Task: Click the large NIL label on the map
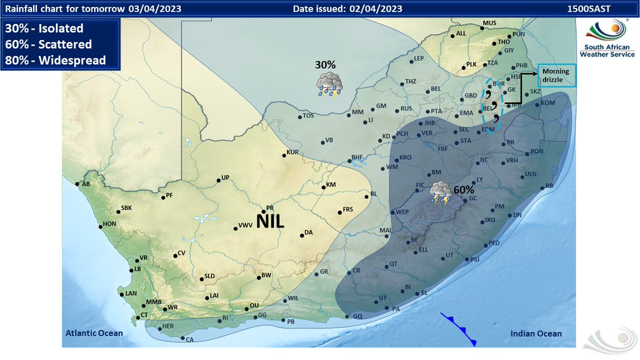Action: (x=270, y=221)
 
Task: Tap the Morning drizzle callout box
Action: (x=557, y=76)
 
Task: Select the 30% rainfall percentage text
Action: (x=325, y=65)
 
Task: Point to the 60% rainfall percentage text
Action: (x=463, y=189)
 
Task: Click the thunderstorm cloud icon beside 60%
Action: (x=441, y=193)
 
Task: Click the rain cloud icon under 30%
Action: (x=329, y=85)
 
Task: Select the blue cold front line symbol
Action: (x=458, y=329)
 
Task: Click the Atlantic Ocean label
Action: (x=94, y=333)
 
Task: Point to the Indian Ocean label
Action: (x=535, y=334)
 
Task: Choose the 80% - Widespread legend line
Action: (x=55, y=60)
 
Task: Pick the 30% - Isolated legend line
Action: (x=44, y=28)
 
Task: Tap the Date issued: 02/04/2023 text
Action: (x=347, y=8)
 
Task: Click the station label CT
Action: (x=143, y=315)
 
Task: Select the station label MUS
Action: (x=489, y=23)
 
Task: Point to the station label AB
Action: (x=85, y=184)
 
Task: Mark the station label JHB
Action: (x=430, y=123)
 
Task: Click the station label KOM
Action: (x=548, y=102)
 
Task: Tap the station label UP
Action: (x=225, y=178)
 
